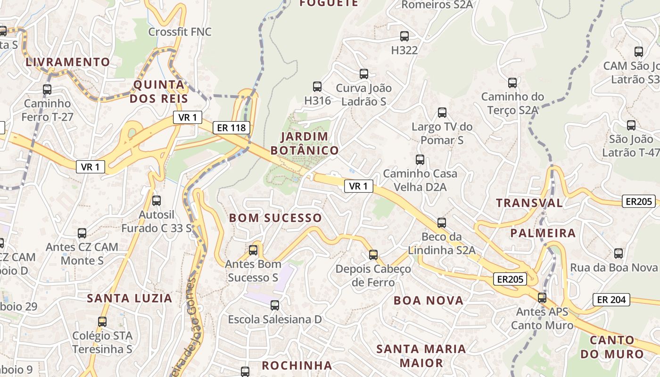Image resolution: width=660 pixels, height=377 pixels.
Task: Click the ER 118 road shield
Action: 231,127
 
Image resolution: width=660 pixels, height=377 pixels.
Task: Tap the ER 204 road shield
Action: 611,299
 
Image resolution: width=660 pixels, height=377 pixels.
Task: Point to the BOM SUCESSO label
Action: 275,218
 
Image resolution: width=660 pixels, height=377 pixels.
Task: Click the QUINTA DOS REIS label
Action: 159,91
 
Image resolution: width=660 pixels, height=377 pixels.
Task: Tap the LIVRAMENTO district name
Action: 68,62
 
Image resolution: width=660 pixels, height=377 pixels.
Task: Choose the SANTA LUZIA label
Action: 130,298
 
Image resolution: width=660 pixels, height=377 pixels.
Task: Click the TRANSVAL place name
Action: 529,203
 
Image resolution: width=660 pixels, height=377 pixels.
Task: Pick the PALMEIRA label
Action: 543,233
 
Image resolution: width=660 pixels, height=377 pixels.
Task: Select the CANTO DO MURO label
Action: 612,347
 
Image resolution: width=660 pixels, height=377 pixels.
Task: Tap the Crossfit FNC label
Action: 180,32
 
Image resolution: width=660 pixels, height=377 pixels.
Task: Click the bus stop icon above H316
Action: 317,87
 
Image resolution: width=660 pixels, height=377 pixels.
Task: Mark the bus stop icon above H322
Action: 404,36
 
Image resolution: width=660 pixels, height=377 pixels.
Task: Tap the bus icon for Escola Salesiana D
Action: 275,305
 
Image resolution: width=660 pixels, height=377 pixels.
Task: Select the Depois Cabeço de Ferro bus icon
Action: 373,255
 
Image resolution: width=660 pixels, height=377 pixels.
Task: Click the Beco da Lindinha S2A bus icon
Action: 442,223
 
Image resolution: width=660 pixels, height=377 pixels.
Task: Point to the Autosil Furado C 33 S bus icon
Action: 157,201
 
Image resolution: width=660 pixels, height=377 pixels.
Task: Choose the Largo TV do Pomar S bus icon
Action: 442,113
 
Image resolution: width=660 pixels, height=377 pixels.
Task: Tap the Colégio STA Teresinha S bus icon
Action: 102,322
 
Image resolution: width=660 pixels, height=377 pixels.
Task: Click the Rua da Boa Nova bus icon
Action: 619,254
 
